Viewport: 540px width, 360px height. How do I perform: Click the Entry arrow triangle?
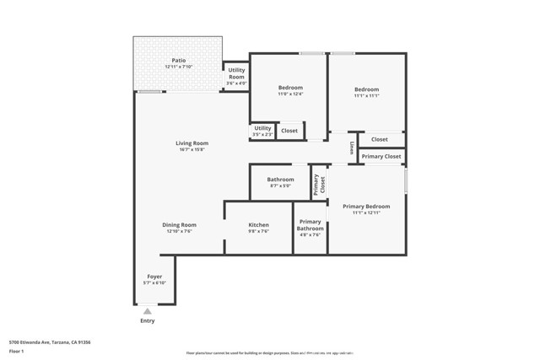148,311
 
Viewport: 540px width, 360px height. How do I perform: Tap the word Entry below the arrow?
148,321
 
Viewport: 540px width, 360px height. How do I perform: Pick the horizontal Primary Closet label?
381,156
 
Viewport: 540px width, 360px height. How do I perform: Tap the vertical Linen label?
351,148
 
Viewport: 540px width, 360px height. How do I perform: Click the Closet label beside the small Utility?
289,131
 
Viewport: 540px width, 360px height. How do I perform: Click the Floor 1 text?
18,351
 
